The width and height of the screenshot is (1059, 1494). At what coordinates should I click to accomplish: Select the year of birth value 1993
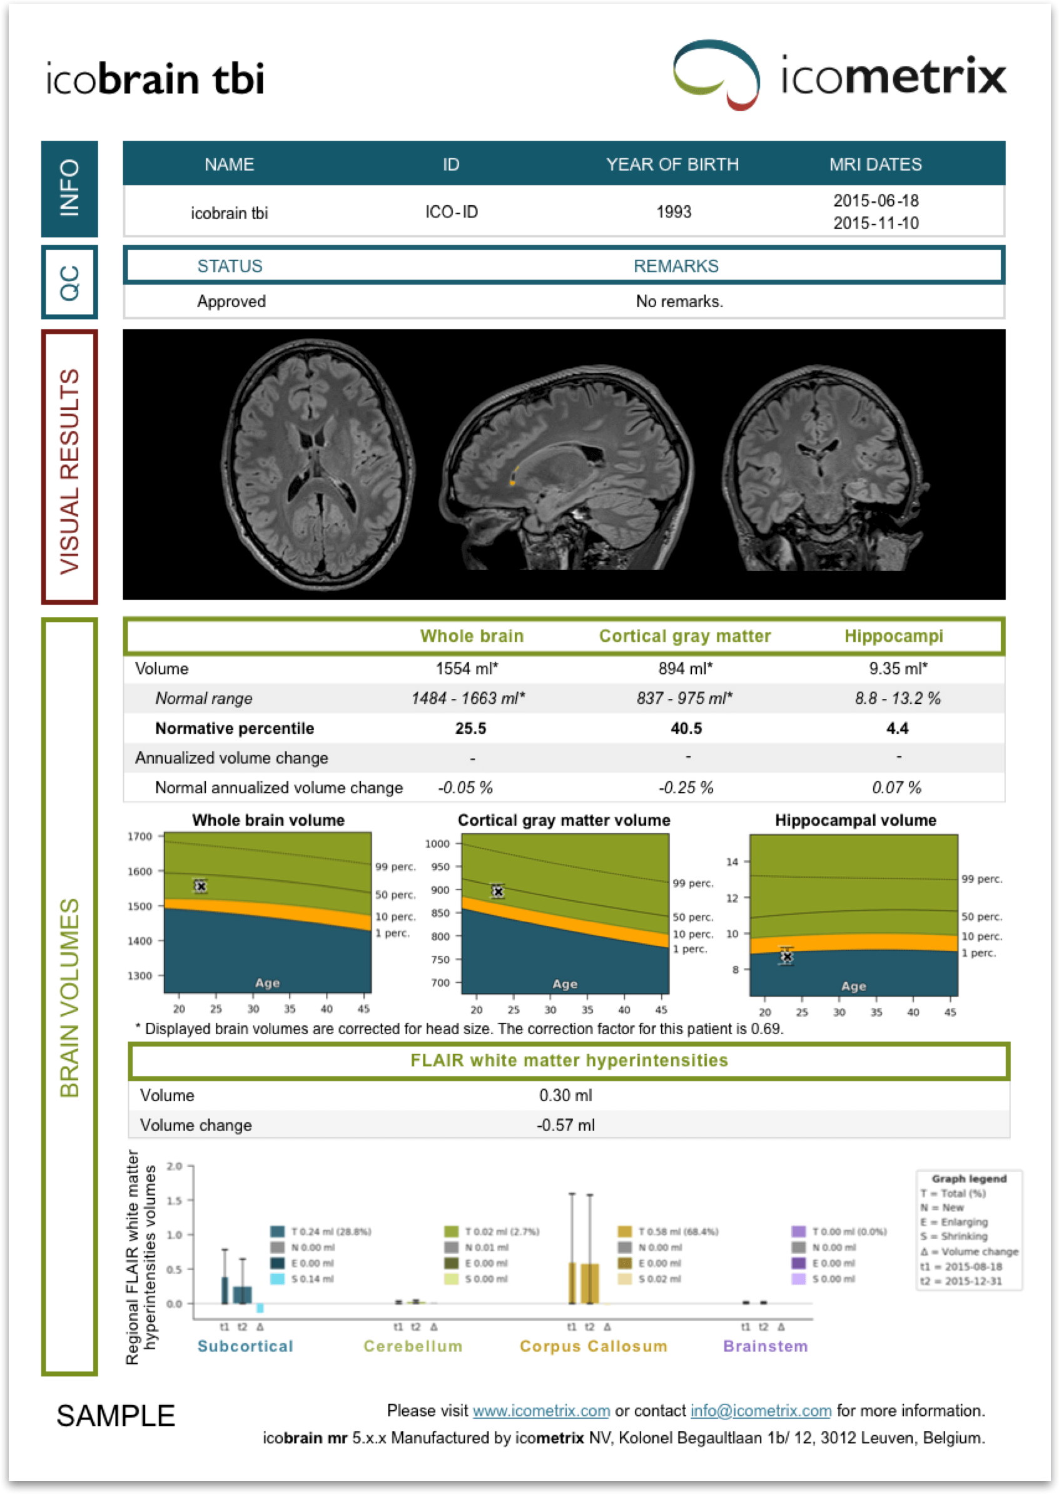[x=673, y=211]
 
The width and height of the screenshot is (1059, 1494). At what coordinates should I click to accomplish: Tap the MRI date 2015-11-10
[x=875, y=223]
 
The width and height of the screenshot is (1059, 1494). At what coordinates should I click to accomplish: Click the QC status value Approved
[x=231, y=302]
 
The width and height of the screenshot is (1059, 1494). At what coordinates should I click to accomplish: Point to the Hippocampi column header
[x=893, y=636]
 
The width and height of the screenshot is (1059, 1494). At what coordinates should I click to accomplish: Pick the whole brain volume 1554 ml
[x=466, y=668]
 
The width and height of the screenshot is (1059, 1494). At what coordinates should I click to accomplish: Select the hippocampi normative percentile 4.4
[x=896, y=728]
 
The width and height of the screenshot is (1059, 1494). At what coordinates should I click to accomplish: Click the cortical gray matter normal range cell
[x=684, y=698]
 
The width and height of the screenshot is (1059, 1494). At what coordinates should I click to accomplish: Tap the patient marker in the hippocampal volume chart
[x=786, y=956]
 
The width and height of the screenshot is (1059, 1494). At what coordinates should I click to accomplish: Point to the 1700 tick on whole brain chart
[x=139, y=836]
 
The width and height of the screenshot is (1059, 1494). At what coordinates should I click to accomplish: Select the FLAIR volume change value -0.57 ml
[x=565, y=1125]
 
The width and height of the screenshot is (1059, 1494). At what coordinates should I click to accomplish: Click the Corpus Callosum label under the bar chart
[x=593, y=1346]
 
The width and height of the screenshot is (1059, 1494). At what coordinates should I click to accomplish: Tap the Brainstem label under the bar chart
[x=765, y=1346]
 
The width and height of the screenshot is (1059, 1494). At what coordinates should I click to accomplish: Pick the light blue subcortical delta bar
[x=260, y=1308]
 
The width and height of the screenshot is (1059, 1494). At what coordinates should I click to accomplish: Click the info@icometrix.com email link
[x=761, y=1411]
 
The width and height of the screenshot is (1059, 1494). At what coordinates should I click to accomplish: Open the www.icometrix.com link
[x=540, y=1411]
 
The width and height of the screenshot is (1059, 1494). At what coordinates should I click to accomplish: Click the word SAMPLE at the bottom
[x=116, y=1416]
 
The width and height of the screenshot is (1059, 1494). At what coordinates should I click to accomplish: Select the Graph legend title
[x=968, y=1179]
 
